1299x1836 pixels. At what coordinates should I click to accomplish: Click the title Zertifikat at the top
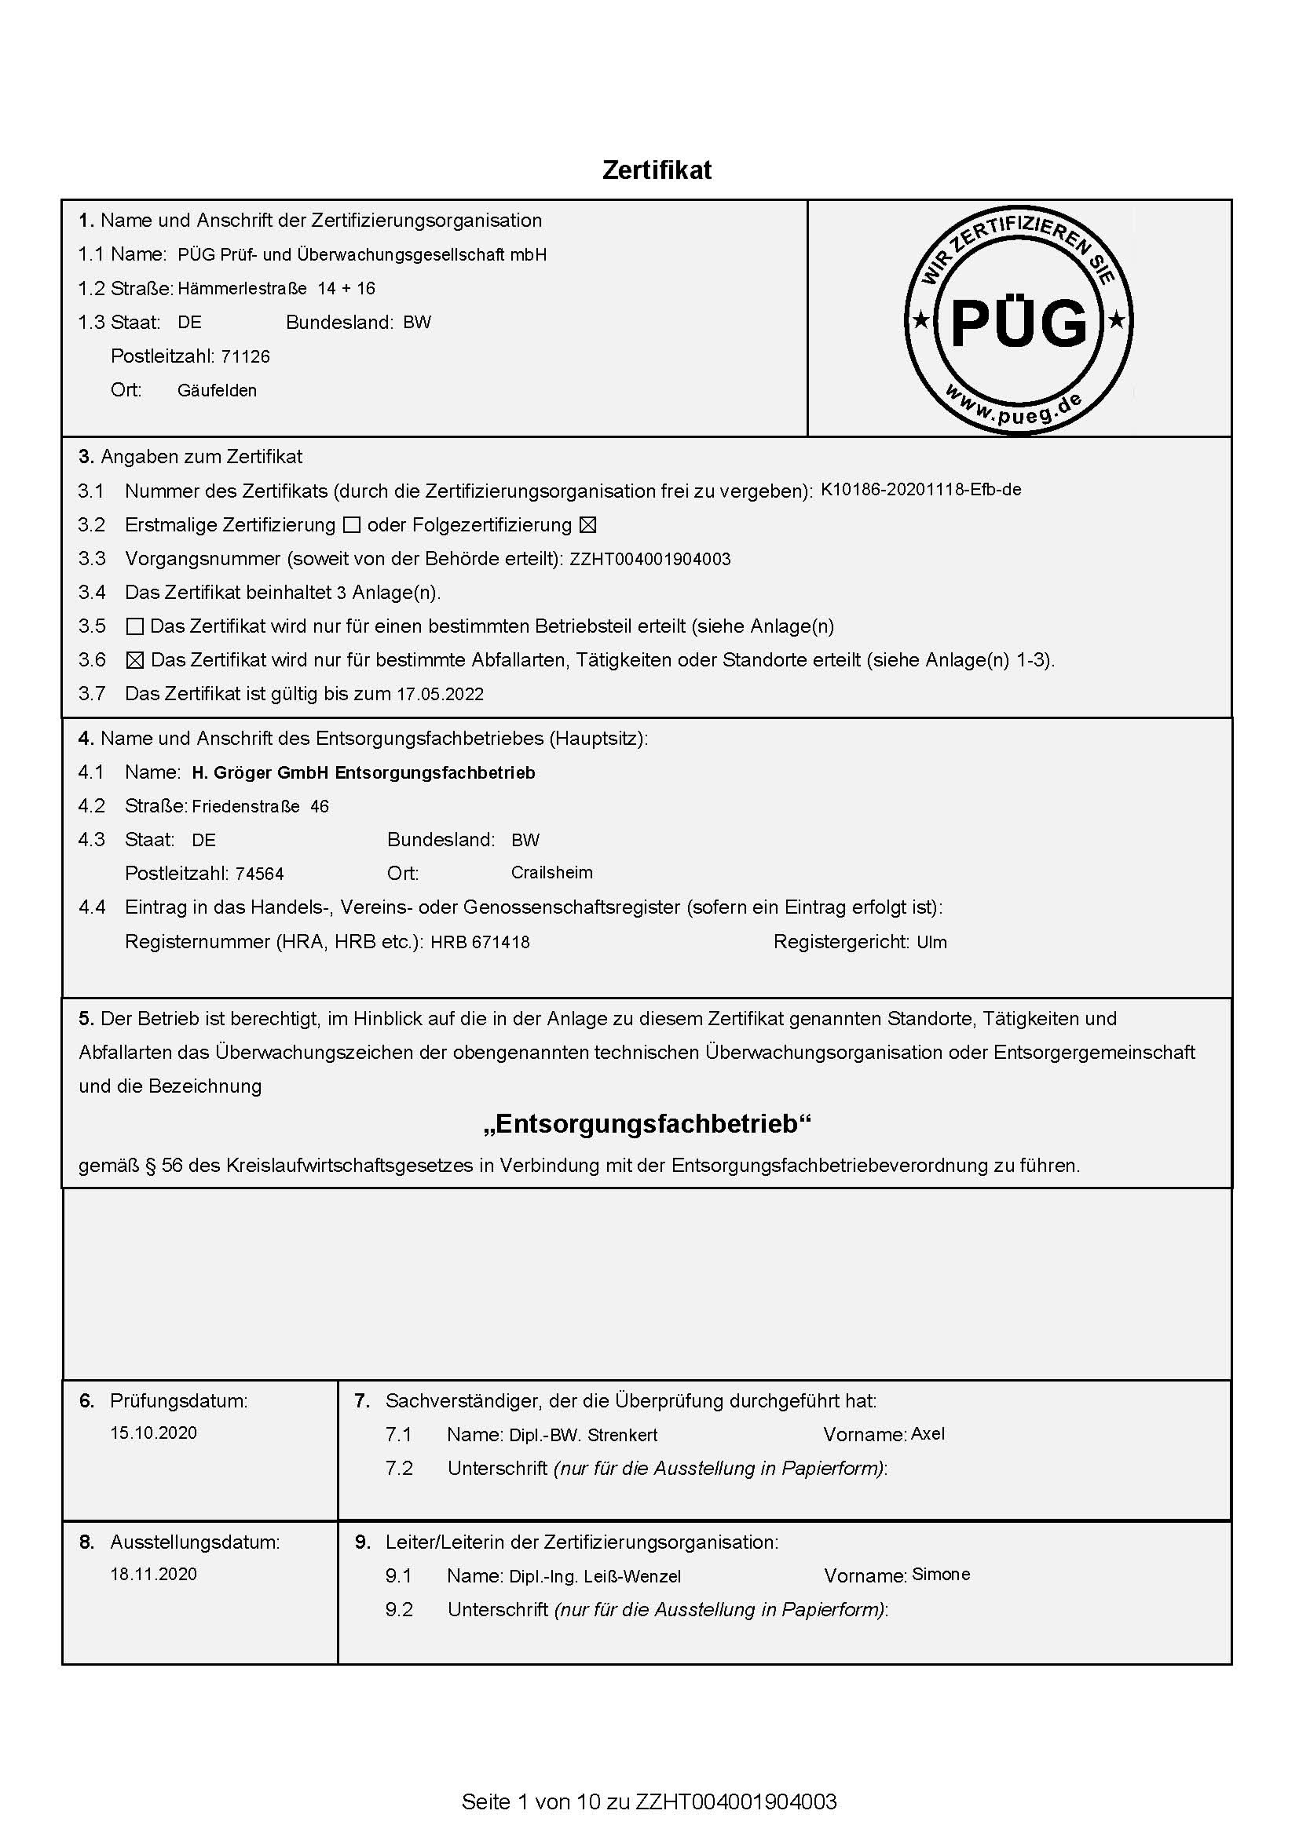pyautogui.click(x=656, y=170)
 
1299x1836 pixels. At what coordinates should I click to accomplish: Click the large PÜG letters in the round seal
pyautogui.click(x=1019, y=323)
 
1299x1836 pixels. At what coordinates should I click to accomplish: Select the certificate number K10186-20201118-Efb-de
pyautogui.click(x=920, y=489)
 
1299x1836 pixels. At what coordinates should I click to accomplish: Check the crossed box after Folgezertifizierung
pyautogui.click(x=588, y=525)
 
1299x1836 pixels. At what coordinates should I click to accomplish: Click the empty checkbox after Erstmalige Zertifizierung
pyautogui.click(x=351, y=525)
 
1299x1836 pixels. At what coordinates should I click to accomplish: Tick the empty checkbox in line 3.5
pyautogui.click(x=135, y=626)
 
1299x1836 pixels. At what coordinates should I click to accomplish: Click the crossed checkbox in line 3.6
pyautogui.click(x=135, y=660)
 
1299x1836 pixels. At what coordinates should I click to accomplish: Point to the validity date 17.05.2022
pyautogui.click(x=440, y=694)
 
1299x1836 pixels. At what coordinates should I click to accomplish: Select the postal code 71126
pyautogui.click(x=246, y=356)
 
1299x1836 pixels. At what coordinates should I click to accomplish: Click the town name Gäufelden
pyautogui.click(x=217, y=391)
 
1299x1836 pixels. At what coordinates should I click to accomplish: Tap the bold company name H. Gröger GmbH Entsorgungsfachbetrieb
pyautogui.click(x=363, y=772)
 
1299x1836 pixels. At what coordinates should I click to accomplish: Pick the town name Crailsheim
pyautogui.click(x=552, y=872)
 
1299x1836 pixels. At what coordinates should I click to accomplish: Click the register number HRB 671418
pyautogui.click(x=480, y=942)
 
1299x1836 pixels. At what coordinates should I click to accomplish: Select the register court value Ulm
pyautogui.click(x=932, y=942)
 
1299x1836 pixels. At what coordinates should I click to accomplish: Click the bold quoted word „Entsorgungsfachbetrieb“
pyautogui.click(x=647, y=1123)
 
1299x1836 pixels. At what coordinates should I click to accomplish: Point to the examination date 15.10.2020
pyautogui.click(x=154, y=1433)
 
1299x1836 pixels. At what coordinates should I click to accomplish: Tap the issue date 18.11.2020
pyautogui.click(x=154, y=1574)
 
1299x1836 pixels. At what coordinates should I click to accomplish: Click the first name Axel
pyautogui.click(x=928, y=1434)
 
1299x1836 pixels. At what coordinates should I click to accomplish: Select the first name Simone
pyautogui.click(x=941, y=1575)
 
